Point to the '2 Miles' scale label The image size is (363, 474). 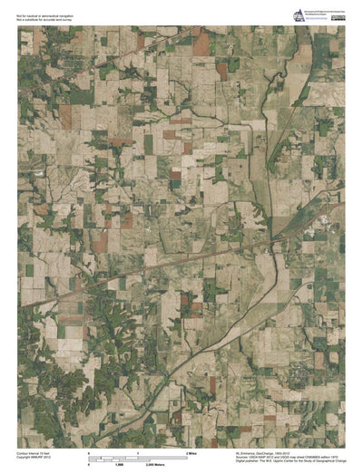pyautogui.click(x=192, y=450)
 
